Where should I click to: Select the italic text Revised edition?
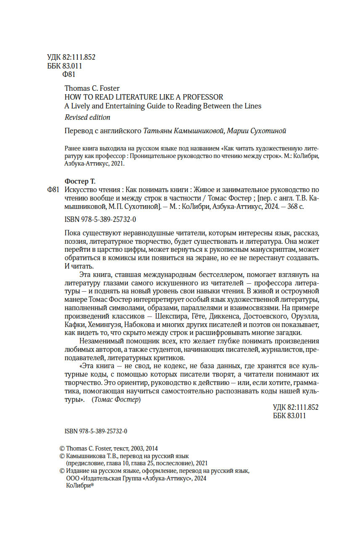point(87,117)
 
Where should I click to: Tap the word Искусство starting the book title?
point(80,190)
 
